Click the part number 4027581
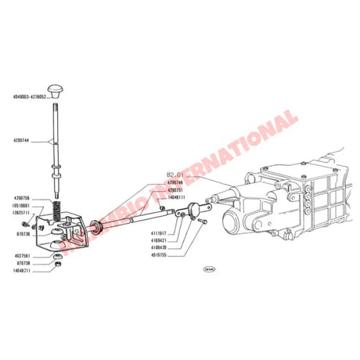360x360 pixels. coord(22,254)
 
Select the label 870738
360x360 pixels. coord(22,264)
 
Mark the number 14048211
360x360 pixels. coord(22,272)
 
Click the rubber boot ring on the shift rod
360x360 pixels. coord(95,227)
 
